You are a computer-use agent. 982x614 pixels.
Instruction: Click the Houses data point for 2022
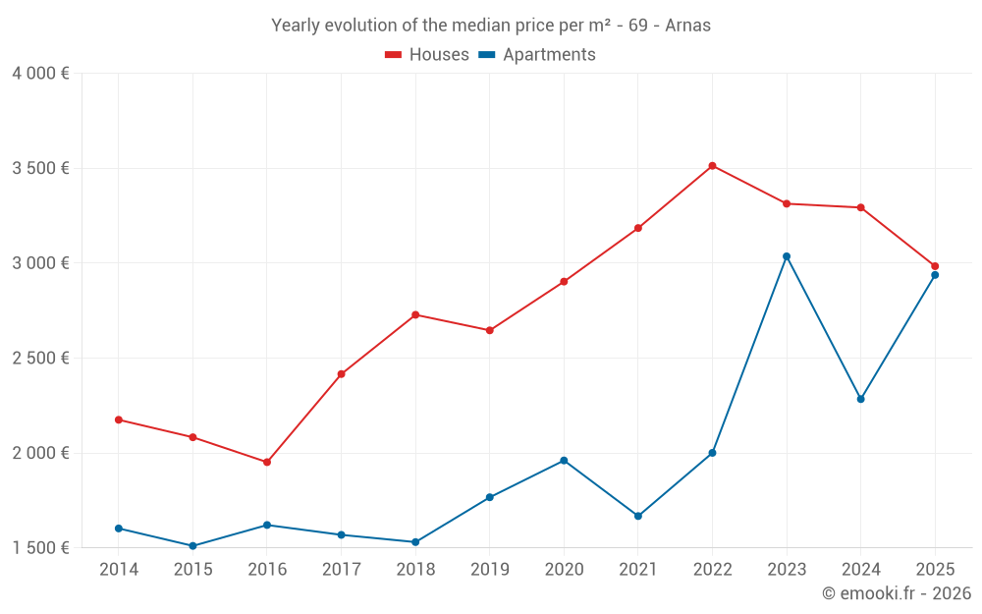coord(712,166)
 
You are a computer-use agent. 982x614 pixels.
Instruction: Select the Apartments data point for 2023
coord(787,256)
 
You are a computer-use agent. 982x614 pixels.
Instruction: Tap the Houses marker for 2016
coord(267,462)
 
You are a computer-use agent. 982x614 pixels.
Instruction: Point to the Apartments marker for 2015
coord(192,546)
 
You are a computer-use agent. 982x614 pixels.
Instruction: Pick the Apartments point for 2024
coord(861,399)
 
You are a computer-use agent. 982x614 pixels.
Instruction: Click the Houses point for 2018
coord(415,314)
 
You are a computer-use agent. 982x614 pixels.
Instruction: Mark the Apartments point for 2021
coord(638,516)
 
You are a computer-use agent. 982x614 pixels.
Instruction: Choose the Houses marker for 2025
coord(935,266)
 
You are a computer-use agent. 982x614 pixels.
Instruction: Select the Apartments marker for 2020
coord(564,461)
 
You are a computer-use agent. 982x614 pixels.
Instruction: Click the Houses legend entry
coord(427,55)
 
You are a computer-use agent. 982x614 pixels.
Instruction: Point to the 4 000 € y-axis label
coord(40,74)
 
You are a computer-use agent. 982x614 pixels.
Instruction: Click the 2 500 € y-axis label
coord(40,358)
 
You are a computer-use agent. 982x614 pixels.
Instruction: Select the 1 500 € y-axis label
coord(40,547)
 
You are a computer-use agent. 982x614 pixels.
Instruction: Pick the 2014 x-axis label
coord(119,570)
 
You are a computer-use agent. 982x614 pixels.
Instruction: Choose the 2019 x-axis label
coord(489,570)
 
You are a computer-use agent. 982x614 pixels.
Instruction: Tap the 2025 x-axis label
coord(935,570)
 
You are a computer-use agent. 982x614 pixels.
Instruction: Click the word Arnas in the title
coord(687,26)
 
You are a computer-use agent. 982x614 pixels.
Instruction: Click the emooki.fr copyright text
coord(896,593)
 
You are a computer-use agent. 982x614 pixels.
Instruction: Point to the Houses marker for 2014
coord(119,419)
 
